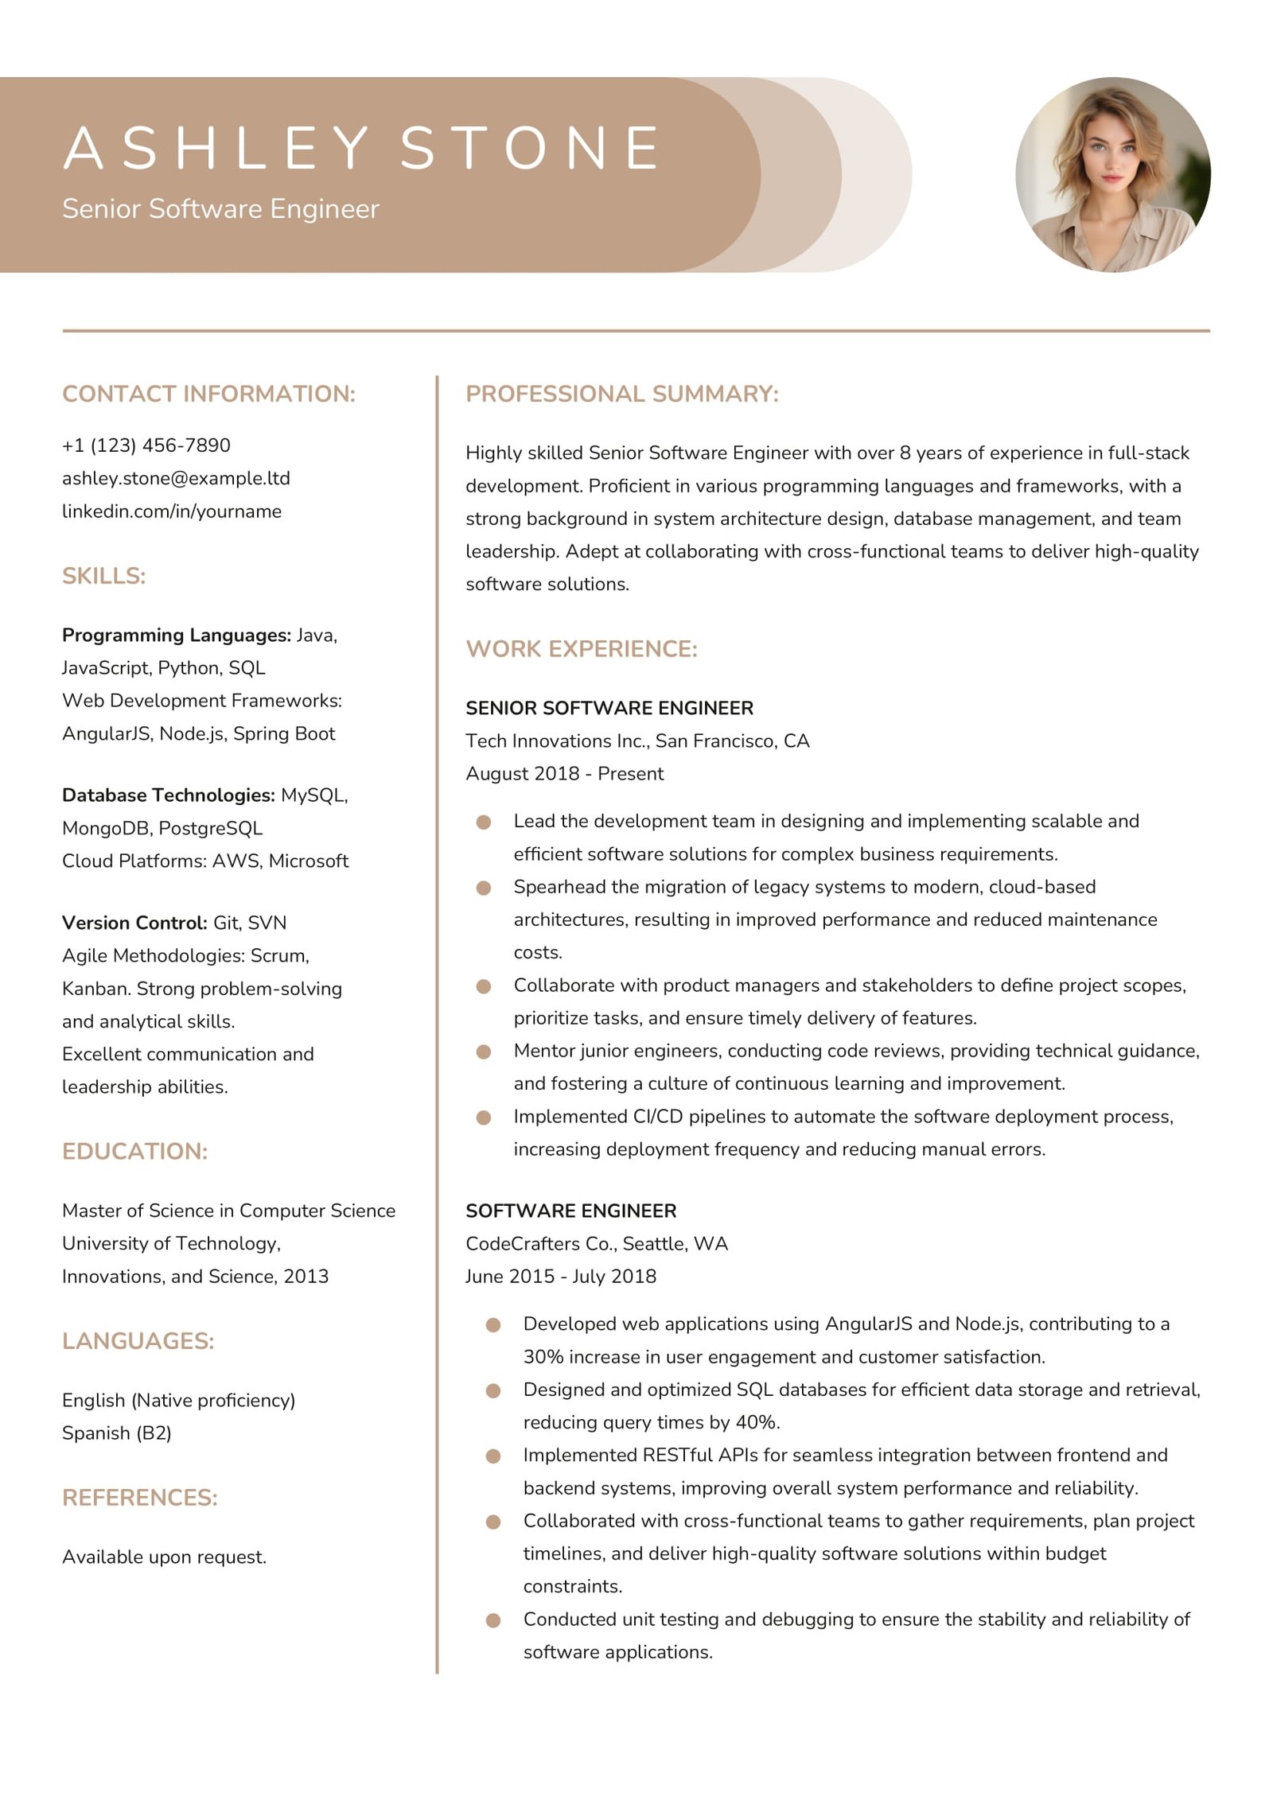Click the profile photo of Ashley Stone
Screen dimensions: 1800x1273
coord(1112,174)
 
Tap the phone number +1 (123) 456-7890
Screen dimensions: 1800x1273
coord(146,445)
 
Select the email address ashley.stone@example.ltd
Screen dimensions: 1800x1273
coord(176,478)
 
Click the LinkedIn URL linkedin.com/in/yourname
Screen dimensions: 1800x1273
coord(172,511)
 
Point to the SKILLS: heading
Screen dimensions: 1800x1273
coord(104,576)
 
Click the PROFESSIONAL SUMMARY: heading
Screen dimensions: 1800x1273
coord(621,394)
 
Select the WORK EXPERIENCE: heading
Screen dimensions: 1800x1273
coord(581,648)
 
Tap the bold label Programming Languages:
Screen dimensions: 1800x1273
coord(176,635)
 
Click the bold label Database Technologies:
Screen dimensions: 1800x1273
coord(168,795)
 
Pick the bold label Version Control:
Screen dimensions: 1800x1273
coord(134,923)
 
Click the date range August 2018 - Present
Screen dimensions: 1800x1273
coord(564,773)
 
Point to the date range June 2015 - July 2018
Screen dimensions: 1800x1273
coord(561,1276)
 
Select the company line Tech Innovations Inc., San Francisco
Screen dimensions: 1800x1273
coord(636,741)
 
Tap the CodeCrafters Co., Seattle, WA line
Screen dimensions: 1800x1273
coord(597,1243)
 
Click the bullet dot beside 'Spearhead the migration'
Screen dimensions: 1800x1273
coord(483,888)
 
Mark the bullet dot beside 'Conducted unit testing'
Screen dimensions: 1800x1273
coord(493,1619)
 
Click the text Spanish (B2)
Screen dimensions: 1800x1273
coord(117,1433)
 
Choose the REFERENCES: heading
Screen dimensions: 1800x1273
coord(140,1498)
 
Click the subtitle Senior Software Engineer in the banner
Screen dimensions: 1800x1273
coord(220,208)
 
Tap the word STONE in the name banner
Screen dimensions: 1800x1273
coord(530,148)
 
